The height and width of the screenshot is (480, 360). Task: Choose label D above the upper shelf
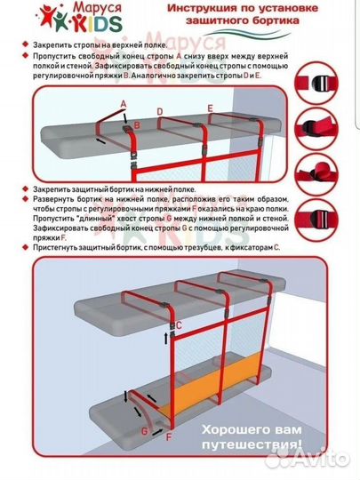click(x=158, y=111)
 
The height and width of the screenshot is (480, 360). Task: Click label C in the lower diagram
click(x=177, y=325)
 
